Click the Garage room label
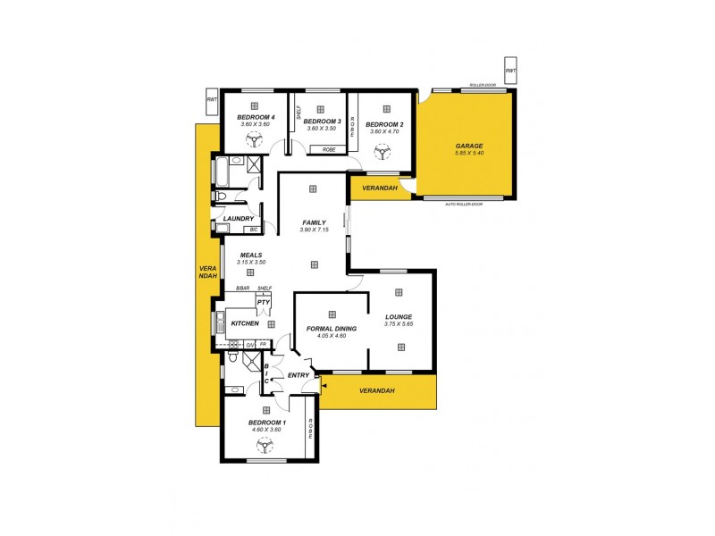click(x=468, y=145)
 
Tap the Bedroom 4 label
click(x=256, y=117)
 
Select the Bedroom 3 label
click(x=322, y=121)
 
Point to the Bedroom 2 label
click(x=385, y=124)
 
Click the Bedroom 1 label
click(x=267, y=422)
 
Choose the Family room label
click(x=313, y=222)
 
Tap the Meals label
click(x=250, y=255)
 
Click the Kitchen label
click(x=245, y=322)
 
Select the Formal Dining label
click(x=332, y=328)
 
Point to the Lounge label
click(x=399, y=316)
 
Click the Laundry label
click(x=239, y=218)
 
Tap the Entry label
click(x=299, y=374)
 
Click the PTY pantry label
click(x=263, y=303)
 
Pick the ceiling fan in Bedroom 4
click(x=257, y=139)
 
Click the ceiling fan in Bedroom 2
click(x=384, y=152)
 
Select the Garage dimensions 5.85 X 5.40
click(x=468, y=154)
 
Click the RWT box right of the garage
click(x=510, y=71)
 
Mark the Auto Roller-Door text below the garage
click(x=464, y=204)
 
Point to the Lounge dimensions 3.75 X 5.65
click(x=399, y=324)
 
